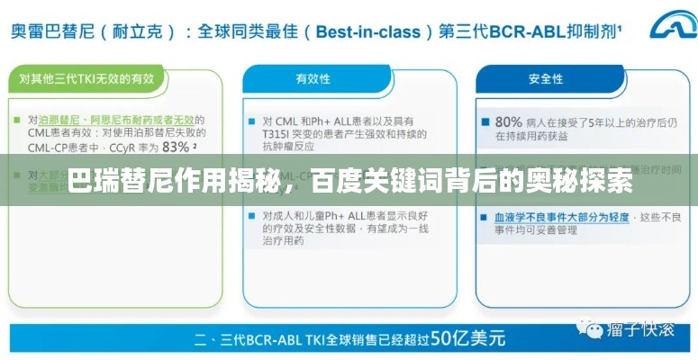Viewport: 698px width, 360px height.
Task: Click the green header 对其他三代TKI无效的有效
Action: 86,79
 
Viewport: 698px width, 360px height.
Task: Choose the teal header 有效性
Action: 313,79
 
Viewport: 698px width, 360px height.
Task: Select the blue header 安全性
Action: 546,79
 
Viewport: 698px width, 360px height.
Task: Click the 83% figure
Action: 174,146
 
